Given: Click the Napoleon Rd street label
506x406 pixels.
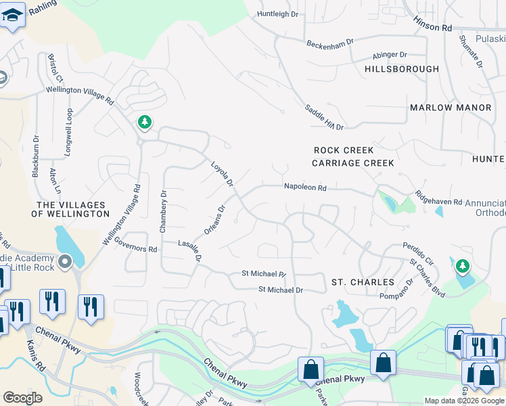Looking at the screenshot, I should [x=305, y=187].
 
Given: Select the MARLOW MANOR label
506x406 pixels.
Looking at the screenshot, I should [x=451, y=108].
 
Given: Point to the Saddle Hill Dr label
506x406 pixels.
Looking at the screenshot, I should [x=324, y=117].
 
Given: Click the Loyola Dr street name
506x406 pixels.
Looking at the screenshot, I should [x=221, y=174].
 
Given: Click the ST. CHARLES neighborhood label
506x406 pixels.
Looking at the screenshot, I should [x=363, y=281].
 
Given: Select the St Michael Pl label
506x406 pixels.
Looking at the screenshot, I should [x=264, y=274].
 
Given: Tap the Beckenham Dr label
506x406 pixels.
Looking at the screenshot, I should [x=329, y=43].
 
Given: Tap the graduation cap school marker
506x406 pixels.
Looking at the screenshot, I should [x=12, y=14].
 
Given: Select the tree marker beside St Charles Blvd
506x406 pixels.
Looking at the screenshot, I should [x=462, y=267].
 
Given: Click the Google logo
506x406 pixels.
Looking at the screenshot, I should [x=22, y=398].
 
